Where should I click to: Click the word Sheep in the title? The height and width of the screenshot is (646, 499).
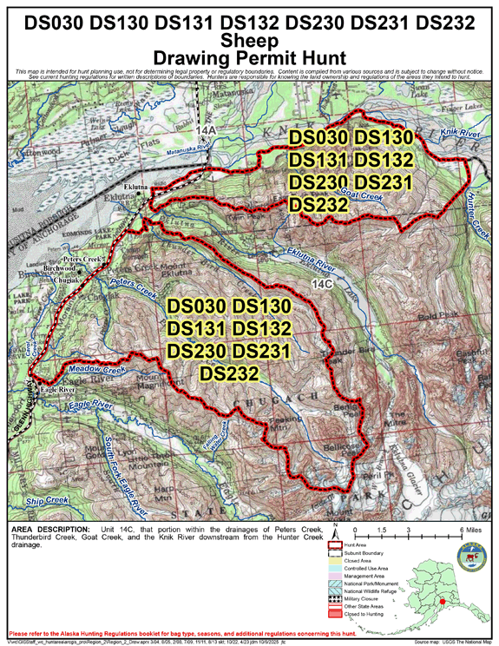249,40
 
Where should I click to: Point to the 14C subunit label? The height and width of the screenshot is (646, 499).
321,284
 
